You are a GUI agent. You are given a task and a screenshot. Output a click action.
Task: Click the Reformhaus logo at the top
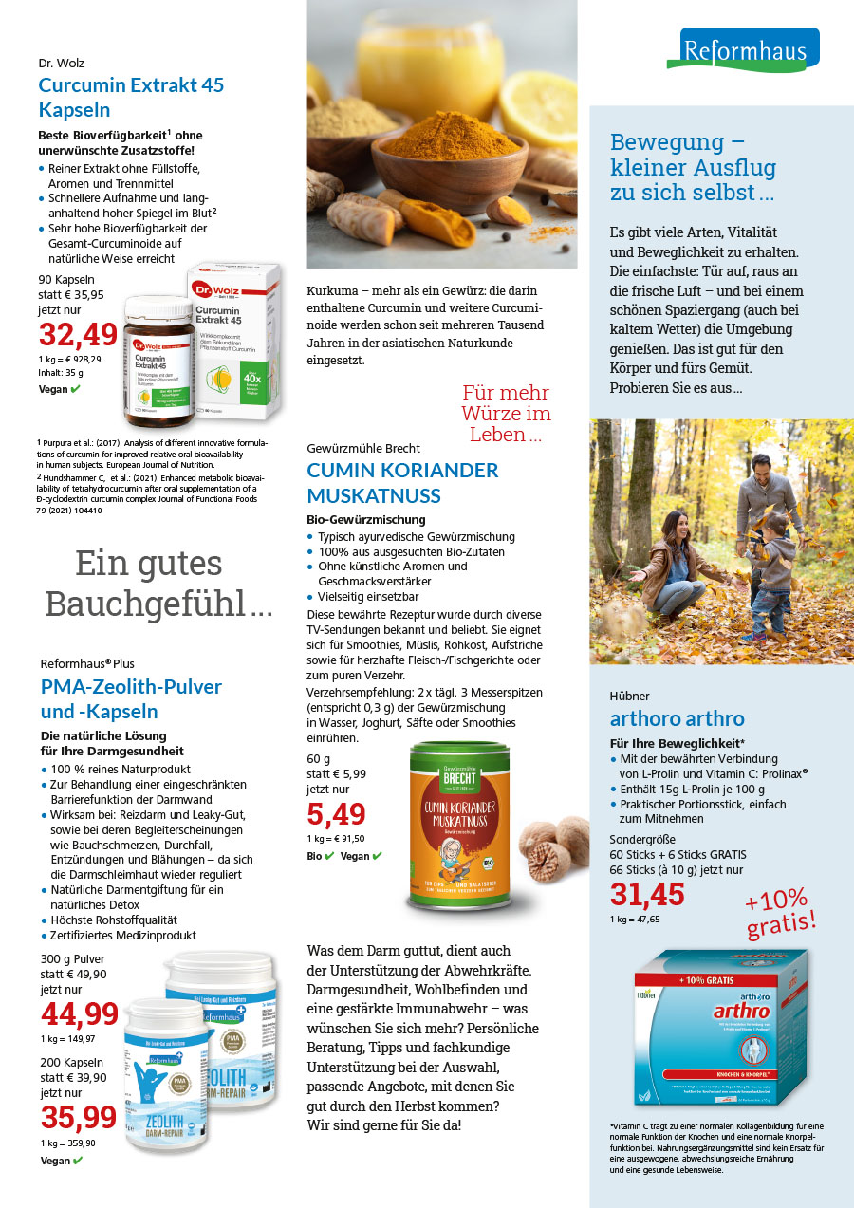[743, 49]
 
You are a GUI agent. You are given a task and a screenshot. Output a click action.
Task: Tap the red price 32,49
[79, 335]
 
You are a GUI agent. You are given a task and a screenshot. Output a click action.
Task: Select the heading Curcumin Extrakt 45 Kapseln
[131, 97]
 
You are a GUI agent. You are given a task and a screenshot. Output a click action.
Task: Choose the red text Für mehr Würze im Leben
[506, 414]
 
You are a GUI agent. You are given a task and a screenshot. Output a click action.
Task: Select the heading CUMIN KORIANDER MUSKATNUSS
[402, 482]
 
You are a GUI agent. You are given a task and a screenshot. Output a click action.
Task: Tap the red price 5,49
[336, 814]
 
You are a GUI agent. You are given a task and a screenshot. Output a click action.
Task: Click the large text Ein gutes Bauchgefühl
[149, 584]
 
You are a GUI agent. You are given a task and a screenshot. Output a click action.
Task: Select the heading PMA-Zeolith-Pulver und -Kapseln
[131, 698]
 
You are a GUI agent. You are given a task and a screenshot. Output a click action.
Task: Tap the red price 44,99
[80, 1014]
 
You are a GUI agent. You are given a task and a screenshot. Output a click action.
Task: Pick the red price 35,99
[79, 1117]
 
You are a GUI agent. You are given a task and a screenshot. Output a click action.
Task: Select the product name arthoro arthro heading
[677, 718]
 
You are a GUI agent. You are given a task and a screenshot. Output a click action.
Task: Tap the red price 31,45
[647, 894]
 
